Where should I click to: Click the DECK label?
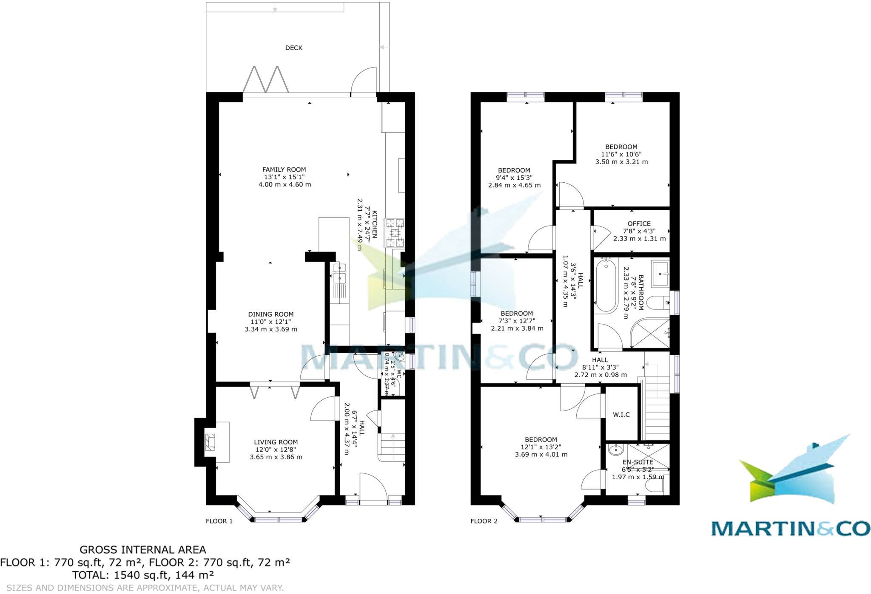[x=293, y=48]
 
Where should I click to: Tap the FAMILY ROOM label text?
[x=284, y=170]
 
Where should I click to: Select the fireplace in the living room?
[x=210, y=442]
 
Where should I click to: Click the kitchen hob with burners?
[x=395, y=233]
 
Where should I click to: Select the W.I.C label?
[x=621, y=415]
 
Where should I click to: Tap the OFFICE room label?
[x=639, y=224]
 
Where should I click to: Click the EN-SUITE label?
[x=638, y=462]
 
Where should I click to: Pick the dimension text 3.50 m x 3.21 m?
[x=621, y=162]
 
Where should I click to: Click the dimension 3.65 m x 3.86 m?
[x=276, y=457]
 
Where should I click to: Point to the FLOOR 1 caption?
[x=219, y=521]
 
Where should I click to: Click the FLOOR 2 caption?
[x=484, y=521]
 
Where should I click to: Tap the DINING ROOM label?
[x=271, y=314]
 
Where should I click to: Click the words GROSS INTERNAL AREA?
[x=143, y=550]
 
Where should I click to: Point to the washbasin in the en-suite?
[x=615, y=450]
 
